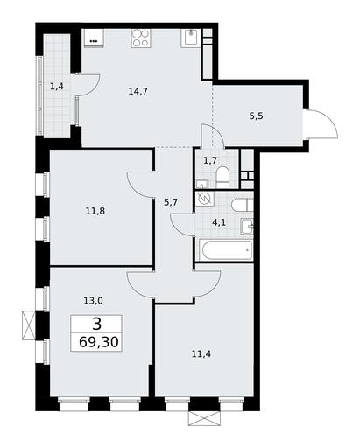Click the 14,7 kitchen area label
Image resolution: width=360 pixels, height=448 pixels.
(138, 92)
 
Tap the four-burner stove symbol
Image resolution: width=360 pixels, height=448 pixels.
(141, 38)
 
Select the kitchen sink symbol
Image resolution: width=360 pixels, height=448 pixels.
(191, 38)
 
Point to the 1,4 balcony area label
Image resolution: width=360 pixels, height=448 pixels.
(57, 87)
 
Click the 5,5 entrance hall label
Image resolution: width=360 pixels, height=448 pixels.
(256, 116)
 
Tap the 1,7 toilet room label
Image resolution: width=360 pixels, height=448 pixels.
(209, 160)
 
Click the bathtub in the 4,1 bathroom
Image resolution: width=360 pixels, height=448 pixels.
(226, 250)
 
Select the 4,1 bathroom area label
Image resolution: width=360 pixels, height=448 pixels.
(219, 223)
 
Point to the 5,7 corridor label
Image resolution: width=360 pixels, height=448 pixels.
(171, 202)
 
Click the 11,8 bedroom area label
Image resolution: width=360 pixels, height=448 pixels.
(95, 211)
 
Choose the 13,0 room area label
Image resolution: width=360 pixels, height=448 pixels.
(93, 301)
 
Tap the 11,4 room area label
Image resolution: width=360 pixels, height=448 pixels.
(201, 354)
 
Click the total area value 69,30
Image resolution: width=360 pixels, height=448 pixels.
(99, 342)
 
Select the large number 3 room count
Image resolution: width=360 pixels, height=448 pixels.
(96, 324)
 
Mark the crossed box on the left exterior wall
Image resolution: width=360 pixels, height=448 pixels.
(29, 325)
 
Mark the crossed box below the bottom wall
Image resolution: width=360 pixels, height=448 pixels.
(204, 418)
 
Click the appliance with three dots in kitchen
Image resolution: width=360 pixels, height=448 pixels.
(94, 38)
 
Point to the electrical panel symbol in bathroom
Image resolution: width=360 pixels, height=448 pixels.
(204, 199)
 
